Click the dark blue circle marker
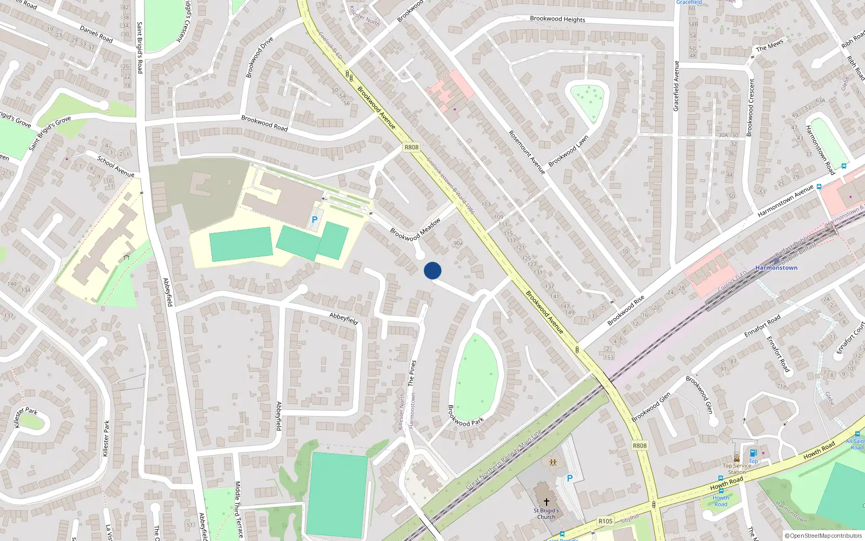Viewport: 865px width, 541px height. coord(432,270)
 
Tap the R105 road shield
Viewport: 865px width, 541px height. coord(605,521)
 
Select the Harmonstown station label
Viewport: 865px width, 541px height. coord(776,268)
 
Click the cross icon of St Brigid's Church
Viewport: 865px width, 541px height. coord(547,502)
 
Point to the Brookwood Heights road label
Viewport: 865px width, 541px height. coord(557,19)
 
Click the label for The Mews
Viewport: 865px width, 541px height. coord(769,45)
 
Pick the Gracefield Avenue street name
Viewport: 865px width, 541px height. coord(676,86)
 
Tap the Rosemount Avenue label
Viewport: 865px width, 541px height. coord(527,151)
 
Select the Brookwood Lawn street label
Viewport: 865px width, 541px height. coord(568,151)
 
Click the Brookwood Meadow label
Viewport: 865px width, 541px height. coord(415,229)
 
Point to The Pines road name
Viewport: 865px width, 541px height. coord(412,373)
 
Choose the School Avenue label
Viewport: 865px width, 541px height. coord(116,166)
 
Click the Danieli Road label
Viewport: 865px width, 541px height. coord(96,34)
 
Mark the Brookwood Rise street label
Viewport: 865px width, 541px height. coord(626,311)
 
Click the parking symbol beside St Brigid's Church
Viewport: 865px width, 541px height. coord(569,478)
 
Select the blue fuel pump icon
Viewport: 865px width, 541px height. coord(753,453)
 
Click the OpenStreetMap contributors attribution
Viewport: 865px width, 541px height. coord(823,536)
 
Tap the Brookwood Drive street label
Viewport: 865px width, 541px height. coord(259,57)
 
